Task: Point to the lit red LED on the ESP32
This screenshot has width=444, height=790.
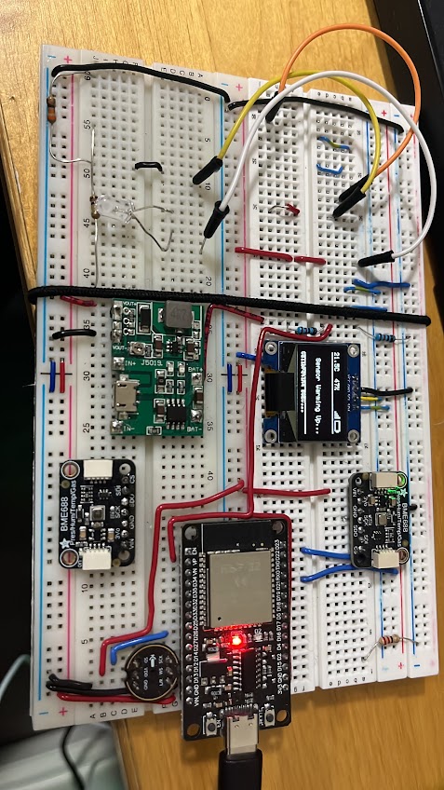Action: (238, 641)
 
